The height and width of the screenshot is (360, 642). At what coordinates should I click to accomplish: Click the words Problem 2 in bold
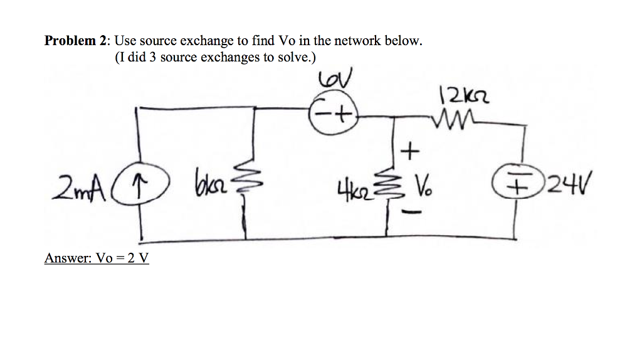pos(74,41)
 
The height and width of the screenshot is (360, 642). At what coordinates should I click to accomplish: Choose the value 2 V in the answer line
pos(139,258)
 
